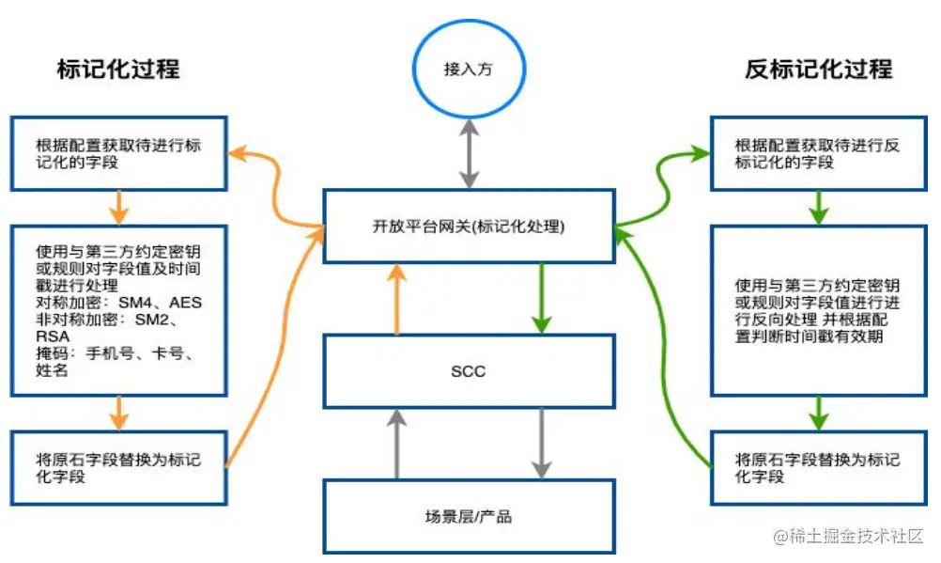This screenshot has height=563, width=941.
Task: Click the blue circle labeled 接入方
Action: [469, 70]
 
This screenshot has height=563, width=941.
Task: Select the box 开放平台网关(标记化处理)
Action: [469, 227]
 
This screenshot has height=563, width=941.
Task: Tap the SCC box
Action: [469, 371]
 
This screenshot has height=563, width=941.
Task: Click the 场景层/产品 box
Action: [469, 516]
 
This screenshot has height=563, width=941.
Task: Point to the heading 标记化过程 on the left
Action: [118, 70]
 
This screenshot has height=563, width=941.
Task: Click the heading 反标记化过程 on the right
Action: [819, 70]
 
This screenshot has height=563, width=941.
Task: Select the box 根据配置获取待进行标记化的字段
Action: [118, 154]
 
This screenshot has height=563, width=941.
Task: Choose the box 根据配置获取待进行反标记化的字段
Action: [819, 154]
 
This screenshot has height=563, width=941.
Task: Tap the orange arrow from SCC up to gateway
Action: [397, 299]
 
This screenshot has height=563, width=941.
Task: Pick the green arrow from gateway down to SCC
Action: [541, 299]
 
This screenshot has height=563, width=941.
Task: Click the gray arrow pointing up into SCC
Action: [397, 444]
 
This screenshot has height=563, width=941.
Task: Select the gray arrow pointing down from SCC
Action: [541, 444]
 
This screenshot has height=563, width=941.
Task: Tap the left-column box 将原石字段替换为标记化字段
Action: [118, 468]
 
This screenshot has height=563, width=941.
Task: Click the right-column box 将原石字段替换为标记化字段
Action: [819, 468]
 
